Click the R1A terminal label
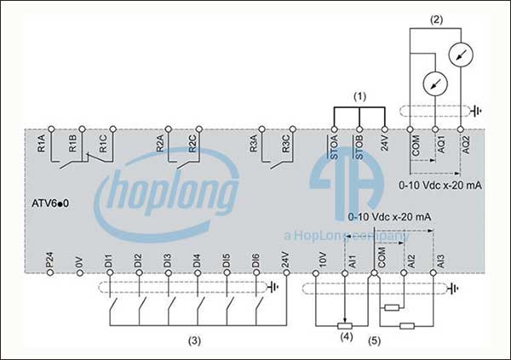[42, 144]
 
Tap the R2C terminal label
[192, 144]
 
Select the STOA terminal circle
[334, 129]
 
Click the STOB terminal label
[359, 147]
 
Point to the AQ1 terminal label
[441, 145]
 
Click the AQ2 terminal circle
[460, 129]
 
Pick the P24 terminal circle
[50, 272]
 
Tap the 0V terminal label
[79, 263]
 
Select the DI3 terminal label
[167, 261]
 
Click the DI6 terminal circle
[256, 272]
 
